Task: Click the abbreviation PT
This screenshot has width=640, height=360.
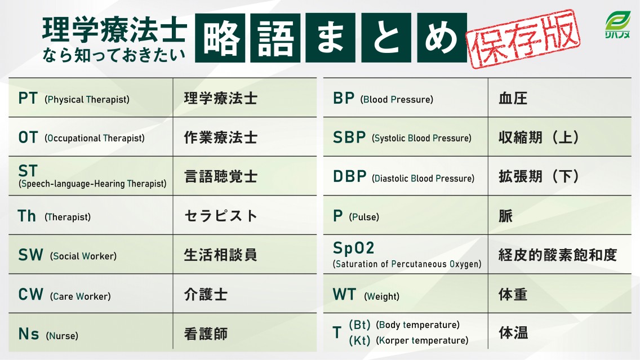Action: (28, 98)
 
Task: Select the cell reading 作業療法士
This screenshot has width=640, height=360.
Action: (221, 137)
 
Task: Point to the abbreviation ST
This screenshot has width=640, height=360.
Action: (28, 171)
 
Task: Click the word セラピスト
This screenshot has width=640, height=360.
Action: (221, 216)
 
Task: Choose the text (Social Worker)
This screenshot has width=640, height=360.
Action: (83, 256)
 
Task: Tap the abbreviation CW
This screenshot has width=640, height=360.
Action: (30, 295)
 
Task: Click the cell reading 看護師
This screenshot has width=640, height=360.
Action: (206, 334)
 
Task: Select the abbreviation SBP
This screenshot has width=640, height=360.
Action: (349, 137)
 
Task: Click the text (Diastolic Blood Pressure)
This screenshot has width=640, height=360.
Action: (423, 178)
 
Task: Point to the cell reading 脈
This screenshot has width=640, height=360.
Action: (505, 216)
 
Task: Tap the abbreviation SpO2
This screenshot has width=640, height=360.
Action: (354, 248)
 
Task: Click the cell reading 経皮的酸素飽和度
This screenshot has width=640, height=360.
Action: (558, 255)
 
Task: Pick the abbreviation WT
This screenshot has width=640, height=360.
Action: (345, 295)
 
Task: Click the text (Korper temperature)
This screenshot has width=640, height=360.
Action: (422, 340)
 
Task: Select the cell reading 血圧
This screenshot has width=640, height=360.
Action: (513, 99)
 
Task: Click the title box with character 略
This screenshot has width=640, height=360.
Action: (220, 38)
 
